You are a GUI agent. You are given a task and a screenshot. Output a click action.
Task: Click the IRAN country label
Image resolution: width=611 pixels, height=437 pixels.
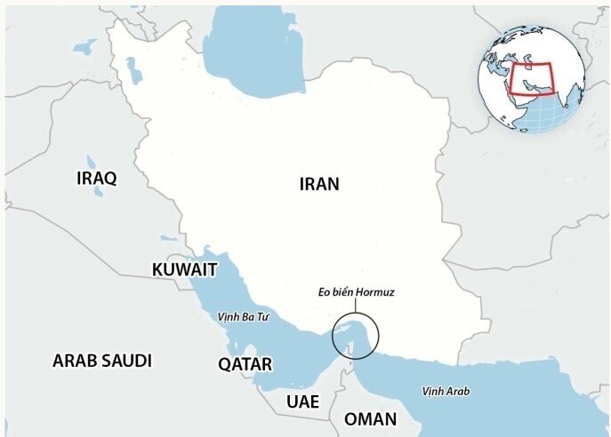pyautogui.click(x=319, y=184)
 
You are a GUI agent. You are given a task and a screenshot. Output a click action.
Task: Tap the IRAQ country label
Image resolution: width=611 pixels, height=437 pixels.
pyautogui.click(x=97, y=178)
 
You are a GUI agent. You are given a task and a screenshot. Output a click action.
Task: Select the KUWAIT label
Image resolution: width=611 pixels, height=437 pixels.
pyautogui.click(x=183, y=269)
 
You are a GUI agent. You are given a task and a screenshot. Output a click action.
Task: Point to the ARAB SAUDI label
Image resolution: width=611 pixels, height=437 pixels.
pyautogui.click(x=101, y=361)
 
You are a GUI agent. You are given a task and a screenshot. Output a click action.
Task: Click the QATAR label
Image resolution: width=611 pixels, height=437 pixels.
pyautogui.click(x=245, y=364)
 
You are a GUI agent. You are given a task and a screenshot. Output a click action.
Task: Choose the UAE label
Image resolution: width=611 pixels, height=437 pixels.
pyautogui.click(x=302, y=401)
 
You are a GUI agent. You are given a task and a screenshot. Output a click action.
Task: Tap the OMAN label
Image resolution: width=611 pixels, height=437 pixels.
pyautogui.click(x=370, y=419)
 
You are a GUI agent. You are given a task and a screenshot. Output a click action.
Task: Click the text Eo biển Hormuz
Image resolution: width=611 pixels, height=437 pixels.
pyautogui.click(x=355, y=290)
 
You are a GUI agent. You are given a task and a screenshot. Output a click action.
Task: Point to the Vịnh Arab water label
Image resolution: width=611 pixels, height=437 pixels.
pyautogui.click(x=446, y=392)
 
